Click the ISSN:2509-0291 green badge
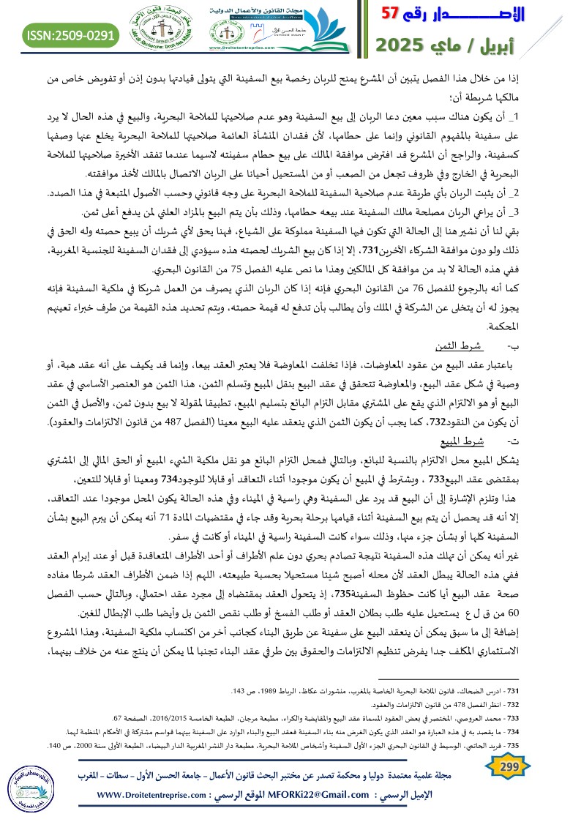[70, 34]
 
